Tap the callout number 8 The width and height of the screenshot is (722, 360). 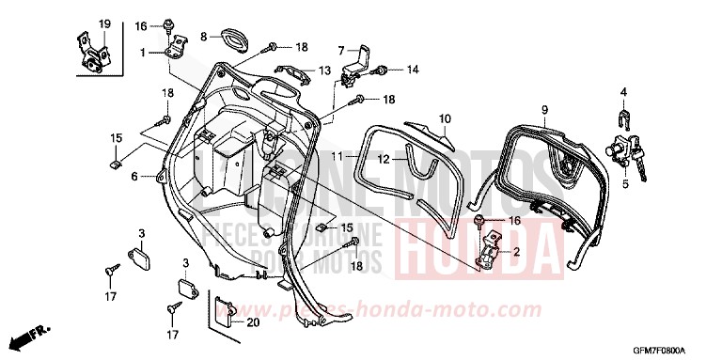coord(202,37)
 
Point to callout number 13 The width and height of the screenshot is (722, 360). coord(323,70)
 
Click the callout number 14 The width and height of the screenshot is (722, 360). coord(413,70)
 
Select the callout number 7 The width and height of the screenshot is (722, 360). coord(343,48)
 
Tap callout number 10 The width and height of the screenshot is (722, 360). coord(446,118)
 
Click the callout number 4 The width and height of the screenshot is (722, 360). coord(622,91)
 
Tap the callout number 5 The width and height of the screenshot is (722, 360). coord(622,184)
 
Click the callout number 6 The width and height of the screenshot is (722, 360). coord(134,176)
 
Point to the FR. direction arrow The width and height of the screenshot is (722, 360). coord(29,335)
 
